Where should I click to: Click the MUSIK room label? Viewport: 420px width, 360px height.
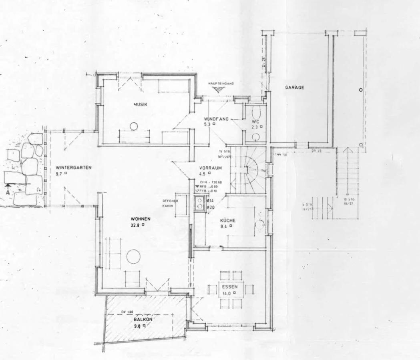tap(141, 104)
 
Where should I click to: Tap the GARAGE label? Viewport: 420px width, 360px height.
tap(295, 87)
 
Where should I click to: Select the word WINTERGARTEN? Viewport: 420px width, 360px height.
tap(68, 167)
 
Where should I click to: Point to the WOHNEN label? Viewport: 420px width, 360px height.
tap(141, 219)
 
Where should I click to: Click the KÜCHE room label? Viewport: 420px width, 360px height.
tap(227, 220)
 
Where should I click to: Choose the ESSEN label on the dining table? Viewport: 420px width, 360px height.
tap(230, 287)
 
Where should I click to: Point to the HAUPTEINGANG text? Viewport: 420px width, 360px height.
tap(221, 83)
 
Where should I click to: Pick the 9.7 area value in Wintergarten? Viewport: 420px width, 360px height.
tap(59, 173)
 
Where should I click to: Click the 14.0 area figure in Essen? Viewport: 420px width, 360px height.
tap(227, 293)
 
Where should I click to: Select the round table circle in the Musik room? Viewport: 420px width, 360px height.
tap(134, 126)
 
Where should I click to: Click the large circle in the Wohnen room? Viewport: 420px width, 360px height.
tap(133, 256)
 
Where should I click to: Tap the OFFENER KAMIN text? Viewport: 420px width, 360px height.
tap(170, 203)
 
